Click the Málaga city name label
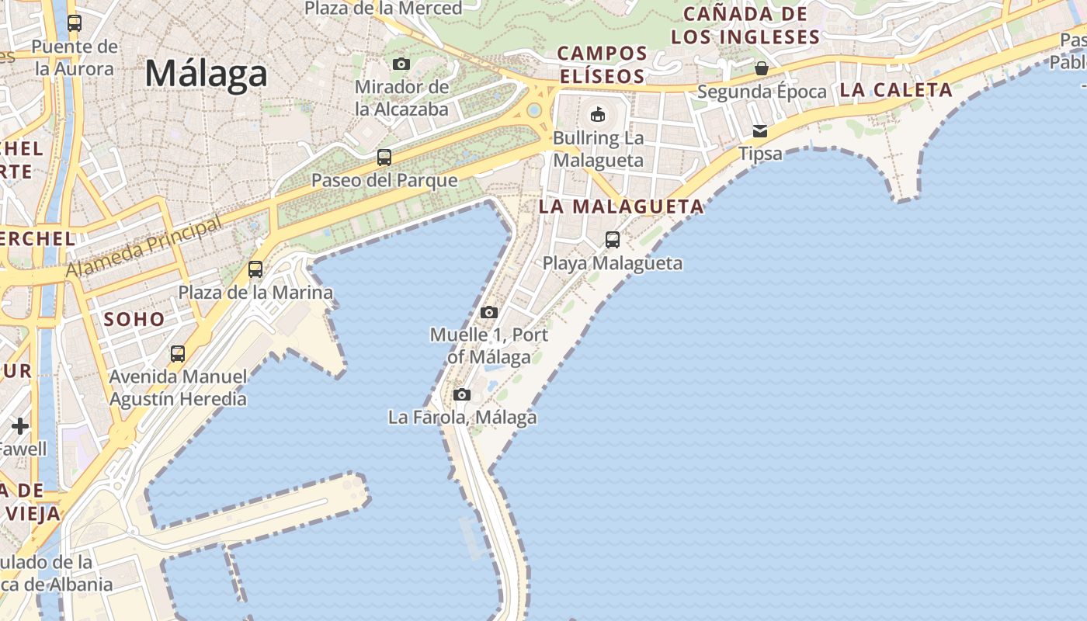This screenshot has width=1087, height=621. [x=206, y=74]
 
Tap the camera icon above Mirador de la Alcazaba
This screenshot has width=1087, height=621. [x=401, y=64]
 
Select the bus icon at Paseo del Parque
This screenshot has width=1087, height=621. [x=384, y=158]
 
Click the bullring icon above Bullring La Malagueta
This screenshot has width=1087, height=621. [x=598, y=115]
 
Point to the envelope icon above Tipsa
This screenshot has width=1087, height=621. [x=760, y=130]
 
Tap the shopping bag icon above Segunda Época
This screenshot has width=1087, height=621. [x=762, y=68]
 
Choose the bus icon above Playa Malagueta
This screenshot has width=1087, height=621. [x=613, y=239]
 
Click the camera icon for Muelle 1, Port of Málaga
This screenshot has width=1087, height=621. [x=488, y=312]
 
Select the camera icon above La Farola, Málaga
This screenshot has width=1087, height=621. [x=462, y=394]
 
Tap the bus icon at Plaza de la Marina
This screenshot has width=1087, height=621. [x=255, y=269]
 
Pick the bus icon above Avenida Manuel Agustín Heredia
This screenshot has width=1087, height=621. [x=178, y=354]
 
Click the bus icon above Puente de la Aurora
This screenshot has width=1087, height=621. [x=75, y=23]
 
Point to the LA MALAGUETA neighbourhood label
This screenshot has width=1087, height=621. [x=621, y=206]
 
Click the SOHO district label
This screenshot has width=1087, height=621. [x=134, y=319]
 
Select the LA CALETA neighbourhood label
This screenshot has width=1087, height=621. [x=896, y=90]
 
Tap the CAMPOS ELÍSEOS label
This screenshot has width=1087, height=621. [x=602, y=64]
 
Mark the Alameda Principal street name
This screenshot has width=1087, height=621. [x=144, y=248]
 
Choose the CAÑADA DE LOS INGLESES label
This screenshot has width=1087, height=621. [x=745, y=25]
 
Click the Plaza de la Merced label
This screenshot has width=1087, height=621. [x=384, y=8]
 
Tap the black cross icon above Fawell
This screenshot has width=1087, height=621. [x=20, y=425]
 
